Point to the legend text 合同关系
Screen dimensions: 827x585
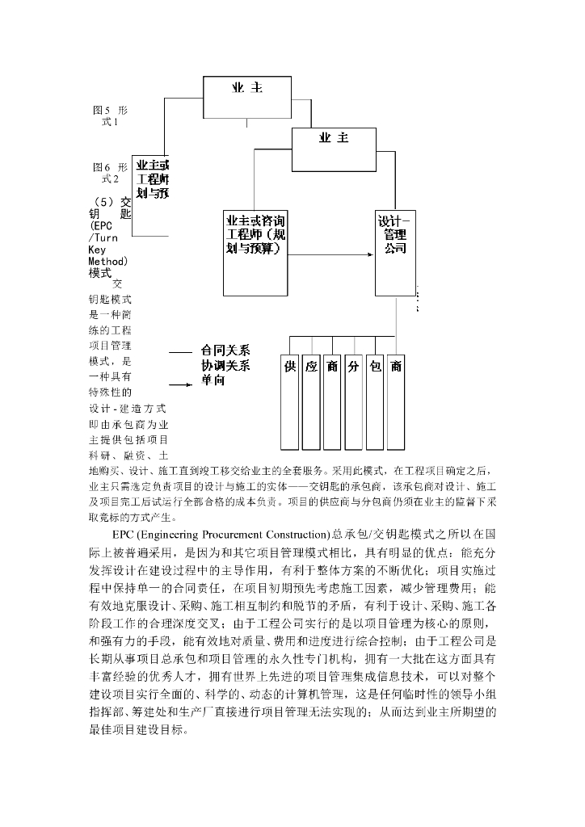225,351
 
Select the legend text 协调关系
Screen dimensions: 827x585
225,365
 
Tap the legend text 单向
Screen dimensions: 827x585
213,380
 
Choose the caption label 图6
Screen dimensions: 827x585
102,167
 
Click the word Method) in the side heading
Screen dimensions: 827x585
108,262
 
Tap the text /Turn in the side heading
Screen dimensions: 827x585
103,238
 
